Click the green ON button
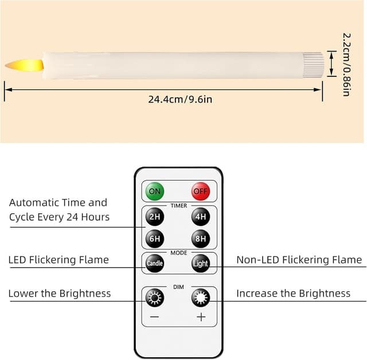click(x=155, y=191)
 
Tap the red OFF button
click(x=201, y=191)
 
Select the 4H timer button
click(x=201, y=217)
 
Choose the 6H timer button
click(x=155, y=239)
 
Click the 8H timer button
click(x=201, y=239)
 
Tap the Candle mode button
click(x=155, y=263)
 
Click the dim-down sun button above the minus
click(x=155, y=298)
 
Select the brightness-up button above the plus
click(x=201, y=298)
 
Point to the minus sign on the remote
click(x=155, y=317)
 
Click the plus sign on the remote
click(x=201, y=317)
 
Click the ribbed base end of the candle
click(x=314, y=65)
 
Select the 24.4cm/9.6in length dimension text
click(x=180, y=99)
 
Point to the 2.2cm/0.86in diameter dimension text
click(x=346, y=65)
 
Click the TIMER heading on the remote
click(x=179, y=206)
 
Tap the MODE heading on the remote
click(x=179, y=253)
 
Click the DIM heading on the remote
click(x=178, y=287)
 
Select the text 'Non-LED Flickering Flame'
click(x=299, y=260)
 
